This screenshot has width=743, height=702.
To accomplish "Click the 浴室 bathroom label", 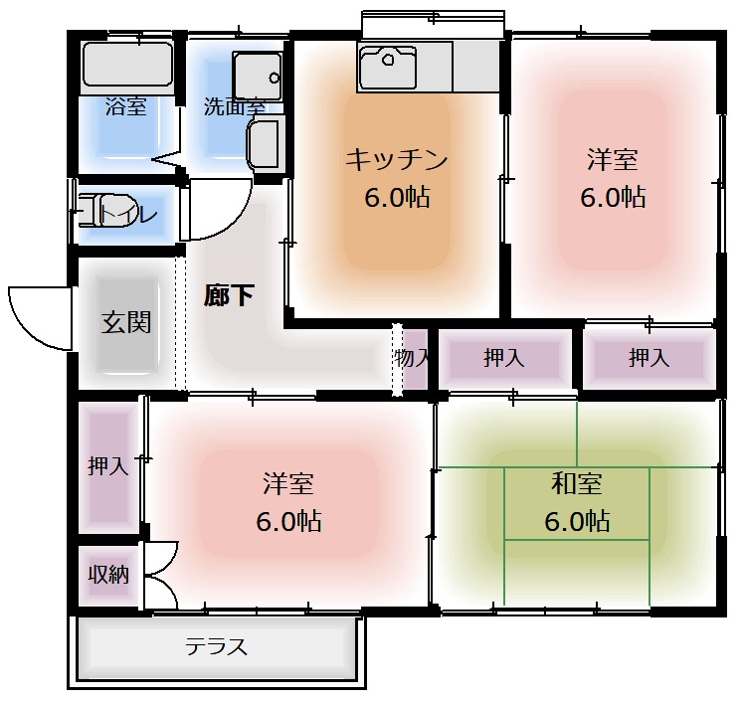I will pos(126,106).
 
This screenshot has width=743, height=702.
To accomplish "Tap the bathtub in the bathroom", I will pos(126,65).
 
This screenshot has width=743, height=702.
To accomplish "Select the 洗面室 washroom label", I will pos(234,106).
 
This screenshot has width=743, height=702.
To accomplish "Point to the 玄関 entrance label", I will pos(126,322).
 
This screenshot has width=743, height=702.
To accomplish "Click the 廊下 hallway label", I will pos(229,295).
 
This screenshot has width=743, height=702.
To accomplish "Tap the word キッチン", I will pos(397,159).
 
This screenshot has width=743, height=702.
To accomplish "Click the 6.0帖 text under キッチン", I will pos(397,197).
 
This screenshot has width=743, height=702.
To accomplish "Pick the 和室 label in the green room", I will pos(577,484).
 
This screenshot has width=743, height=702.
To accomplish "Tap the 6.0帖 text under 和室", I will pos(577,520).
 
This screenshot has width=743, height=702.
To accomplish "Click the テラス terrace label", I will pos(216,647).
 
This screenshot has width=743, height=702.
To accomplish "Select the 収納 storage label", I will pos(108,574).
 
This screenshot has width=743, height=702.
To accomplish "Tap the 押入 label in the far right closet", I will pos(649,358).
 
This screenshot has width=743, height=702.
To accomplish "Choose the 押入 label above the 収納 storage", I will pos(108,465).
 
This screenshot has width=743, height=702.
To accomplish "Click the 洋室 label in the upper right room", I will pos(612,159).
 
